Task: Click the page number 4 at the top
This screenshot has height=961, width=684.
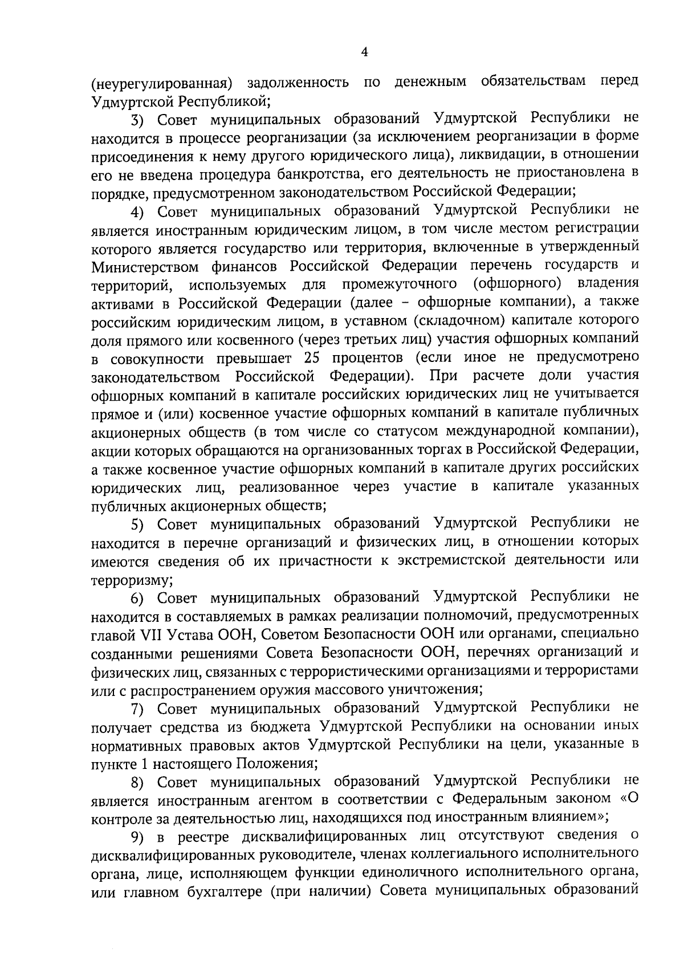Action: [365, 52]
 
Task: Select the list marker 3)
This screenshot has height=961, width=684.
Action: [139, 120]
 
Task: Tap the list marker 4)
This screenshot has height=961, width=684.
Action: [139, 211]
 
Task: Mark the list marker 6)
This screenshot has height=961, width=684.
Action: [139, 598]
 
